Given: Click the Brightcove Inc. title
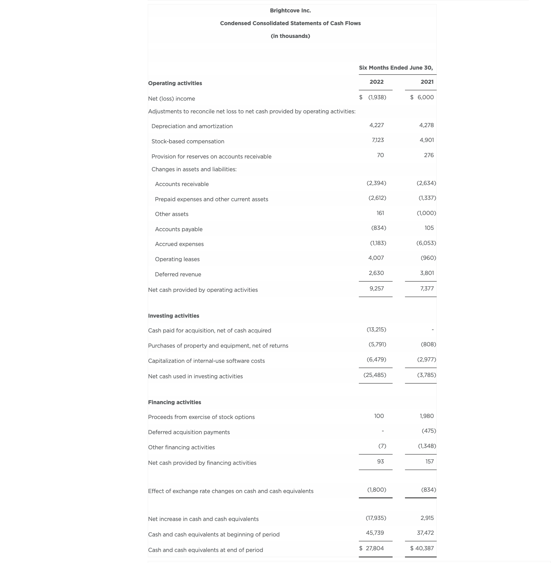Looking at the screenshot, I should tap(290, 11).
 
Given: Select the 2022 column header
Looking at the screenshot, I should tap(376, 82).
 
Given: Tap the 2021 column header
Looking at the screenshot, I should tap(427, 82).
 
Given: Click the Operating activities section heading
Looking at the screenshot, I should tap(175, 83).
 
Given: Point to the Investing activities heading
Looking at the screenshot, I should tap(174, 316).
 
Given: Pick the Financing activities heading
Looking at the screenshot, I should tap(175, 402).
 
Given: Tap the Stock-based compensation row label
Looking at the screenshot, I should tap(188, 142).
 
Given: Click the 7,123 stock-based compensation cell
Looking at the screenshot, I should tap(378, 140).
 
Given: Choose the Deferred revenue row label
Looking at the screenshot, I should tap(178, 275).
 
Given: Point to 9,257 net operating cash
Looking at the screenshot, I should tap(376, 289).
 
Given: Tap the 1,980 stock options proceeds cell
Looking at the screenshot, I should tap(427, 416).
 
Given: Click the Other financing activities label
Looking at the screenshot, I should tap(181, 448).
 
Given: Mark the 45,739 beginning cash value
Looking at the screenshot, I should tap(375, 533).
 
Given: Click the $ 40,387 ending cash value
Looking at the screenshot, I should tap(422, 549).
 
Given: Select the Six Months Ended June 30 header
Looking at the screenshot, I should tap(396, 68).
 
